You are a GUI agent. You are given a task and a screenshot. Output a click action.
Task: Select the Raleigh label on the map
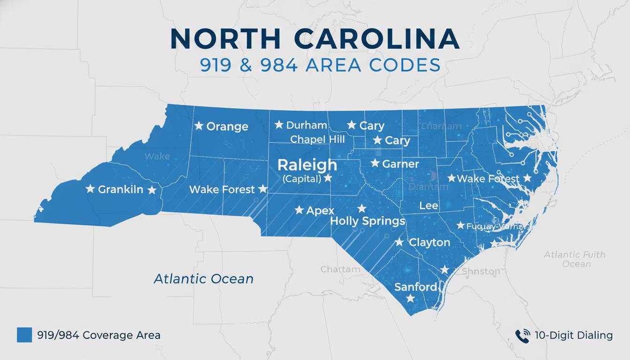click(307, 165)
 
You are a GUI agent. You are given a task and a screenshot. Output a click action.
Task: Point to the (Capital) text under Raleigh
click(302, 179)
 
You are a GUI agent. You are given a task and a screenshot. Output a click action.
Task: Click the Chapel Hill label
click(317, 139)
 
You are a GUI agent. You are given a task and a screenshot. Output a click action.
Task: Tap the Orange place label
click(227, 127)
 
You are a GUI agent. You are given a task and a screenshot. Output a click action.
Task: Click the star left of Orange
click(199, 126)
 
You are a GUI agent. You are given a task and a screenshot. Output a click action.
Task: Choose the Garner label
click(401, 164)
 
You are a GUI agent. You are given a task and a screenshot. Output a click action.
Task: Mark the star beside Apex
click(299, 210)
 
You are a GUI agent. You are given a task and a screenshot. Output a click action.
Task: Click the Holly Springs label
click(367, 221)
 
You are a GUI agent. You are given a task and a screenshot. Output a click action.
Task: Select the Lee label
click(428, 206)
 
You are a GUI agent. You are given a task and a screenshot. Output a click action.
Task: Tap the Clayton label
click(429, 242)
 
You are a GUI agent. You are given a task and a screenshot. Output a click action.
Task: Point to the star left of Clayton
click(399, 242)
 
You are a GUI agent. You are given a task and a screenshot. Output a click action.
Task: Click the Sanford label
click(416, 287)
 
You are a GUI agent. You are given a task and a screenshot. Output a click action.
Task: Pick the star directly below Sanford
click(410, 299)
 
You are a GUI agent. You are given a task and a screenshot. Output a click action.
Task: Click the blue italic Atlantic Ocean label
click(203, 279)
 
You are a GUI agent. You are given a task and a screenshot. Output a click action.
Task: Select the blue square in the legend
click(24, 335)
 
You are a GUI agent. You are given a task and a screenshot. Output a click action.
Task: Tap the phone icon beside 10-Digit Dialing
click(522, 335)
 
